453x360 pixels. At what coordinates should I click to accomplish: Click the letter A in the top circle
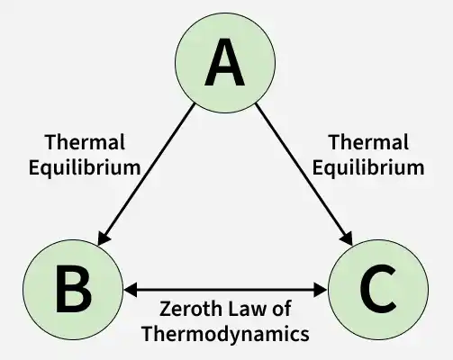point(224,62)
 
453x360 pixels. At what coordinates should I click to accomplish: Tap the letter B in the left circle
point(74,289)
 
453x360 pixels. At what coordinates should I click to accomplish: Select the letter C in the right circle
point(378,289)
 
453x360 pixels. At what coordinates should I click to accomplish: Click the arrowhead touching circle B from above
point(104,238)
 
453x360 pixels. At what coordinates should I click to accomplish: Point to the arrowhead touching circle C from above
point(347,238)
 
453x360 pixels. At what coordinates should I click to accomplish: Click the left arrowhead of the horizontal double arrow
point(131,290)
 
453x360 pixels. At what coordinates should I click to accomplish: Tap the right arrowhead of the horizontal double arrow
point(320,290)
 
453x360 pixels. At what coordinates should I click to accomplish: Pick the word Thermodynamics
point(225,334)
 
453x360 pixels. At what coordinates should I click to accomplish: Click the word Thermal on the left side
point(85,142)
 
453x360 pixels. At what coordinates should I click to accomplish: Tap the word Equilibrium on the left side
point(85,167)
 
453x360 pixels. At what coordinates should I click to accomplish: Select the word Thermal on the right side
point(368,142)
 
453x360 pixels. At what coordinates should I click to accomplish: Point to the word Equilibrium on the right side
point(368,167)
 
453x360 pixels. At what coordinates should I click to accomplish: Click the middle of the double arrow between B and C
point(225,290)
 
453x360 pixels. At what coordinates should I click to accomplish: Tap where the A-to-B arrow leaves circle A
point(195,104)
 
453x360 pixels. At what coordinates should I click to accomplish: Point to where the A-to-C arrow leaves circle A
point(256,104)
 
